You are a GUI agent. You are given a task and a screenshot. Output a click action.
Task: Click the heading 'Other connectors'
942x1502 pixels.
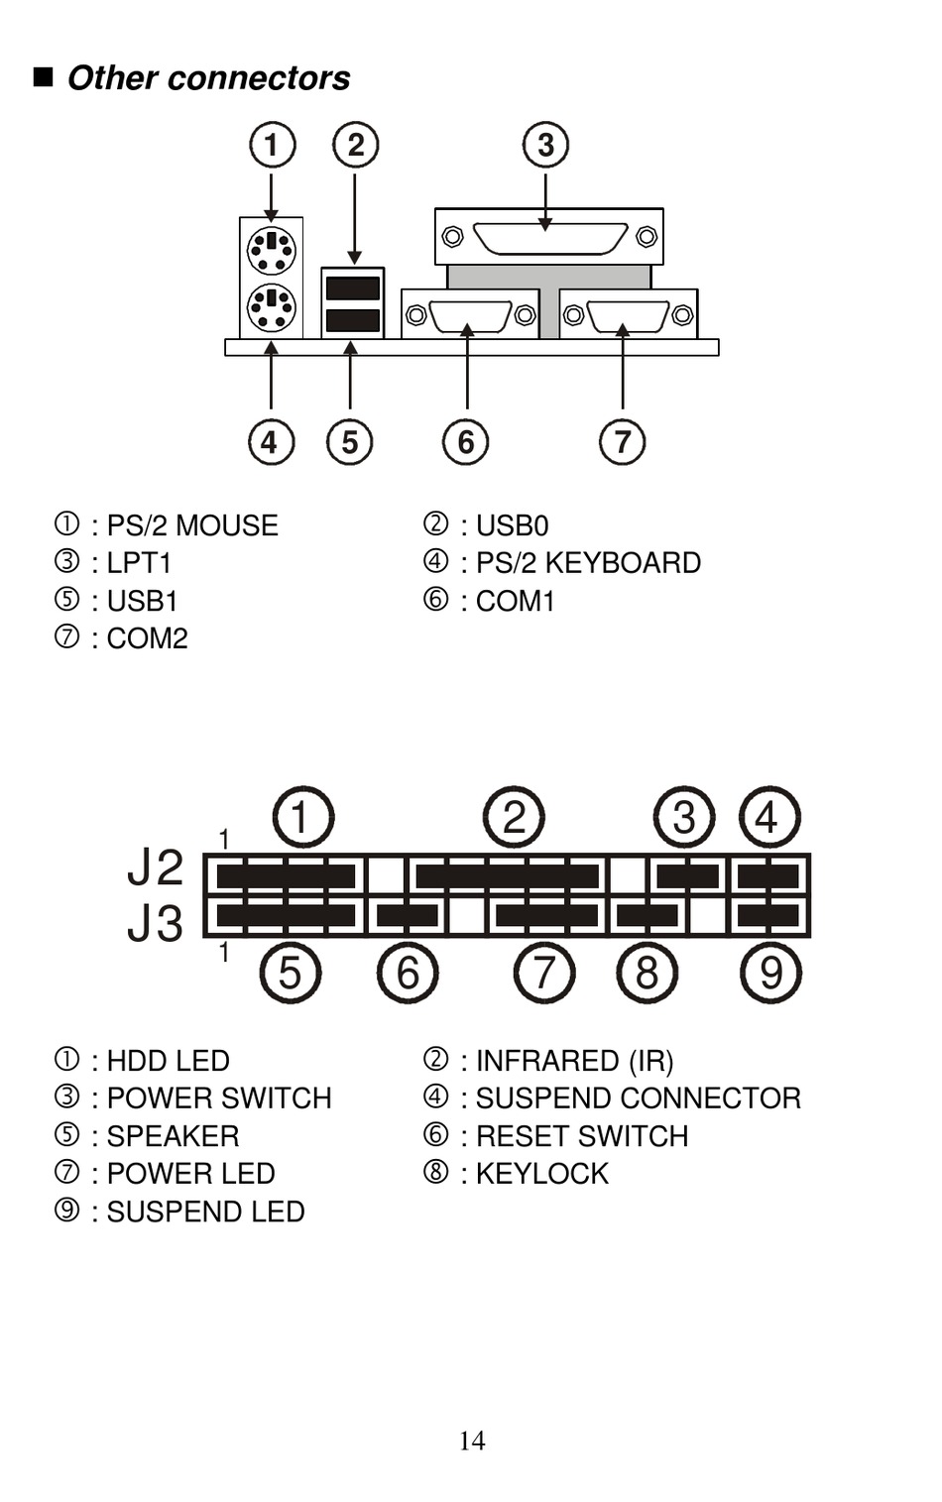click(208, 77)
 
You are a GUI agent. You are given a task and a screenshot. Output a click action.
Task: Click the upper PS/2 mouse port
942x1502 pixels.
click(272, 250)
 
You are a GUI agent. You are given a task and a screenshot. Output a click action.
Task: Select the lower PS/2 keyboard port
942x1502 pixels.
click(272, 307)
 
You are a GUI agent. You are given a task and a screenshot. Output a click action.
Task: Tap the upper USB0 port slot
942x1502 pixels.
click(353, 289)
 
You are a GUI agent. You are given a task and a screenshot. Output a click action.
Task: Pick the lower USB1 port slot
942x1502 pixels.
click(353, 320)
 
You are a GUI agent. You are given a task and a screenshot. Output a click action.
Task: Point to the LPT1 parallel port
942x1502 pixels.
click(549, 237)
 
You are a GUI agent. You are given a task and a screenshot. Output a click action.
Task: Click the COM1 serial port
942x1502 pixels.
click(470, 314)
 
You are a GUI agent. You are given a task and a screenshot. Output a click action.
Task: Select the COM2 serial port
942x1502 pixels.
click(629, 314)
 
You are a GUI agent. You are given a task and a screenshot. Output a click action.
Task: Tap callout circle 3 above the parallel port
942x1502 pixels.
click(545, 145)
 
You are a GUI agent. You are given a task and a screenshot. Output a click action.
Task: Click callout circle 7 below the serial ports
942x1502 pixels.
click(622, 442)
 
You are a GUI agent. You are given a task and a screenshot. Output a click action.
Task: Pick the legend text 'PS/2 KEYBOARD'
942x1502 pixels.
click(588, 563)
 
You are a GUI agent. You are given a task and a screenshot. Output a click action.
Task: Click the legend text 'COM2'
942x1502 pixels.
click(148, 638)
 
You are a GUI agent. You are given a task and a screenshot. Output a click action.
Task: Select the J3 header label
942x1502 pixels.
click(155, 923)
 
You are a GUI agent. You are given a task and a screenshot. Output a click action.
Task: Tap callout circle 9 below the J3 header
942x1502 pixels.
click(771, 973)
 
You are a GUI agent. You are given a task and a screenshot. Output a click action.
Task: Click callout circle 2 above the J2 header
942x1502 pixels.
click(514, 817)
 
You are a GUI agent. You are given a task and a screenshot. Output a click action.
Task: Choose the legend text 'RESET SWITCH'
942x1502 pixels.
click(582, 1136)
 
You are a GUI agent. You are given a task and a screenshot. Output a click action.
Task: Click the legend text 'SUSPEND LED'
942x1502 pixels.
click(206, 1212)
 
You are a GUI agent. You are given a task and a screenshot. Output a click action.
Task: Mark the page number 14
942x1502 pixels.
click(472, 1440)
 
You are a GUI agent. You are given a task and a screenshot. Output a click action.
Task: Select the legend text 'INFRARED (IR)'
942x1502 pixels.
click(574, 1061)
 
